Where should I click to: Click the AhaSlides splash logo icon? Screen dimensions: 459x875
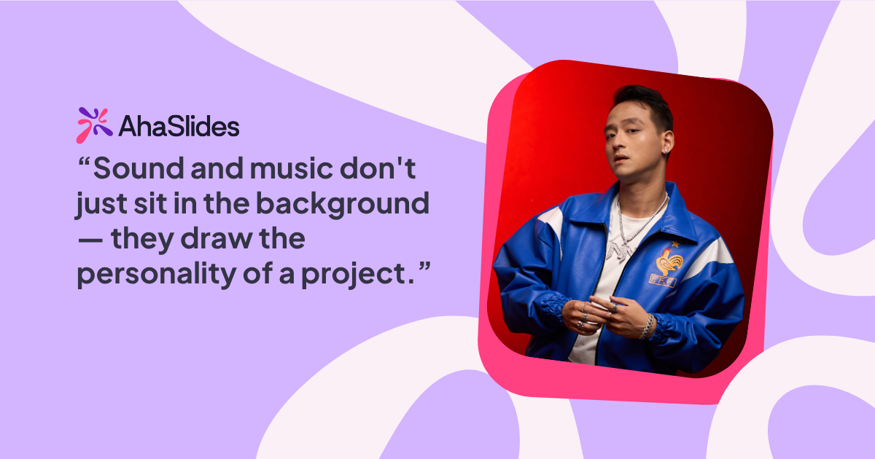94,125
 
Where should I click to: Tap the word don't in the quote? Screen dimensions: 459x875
395,169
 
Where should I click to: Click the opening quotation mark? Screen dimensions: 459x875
83,162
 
